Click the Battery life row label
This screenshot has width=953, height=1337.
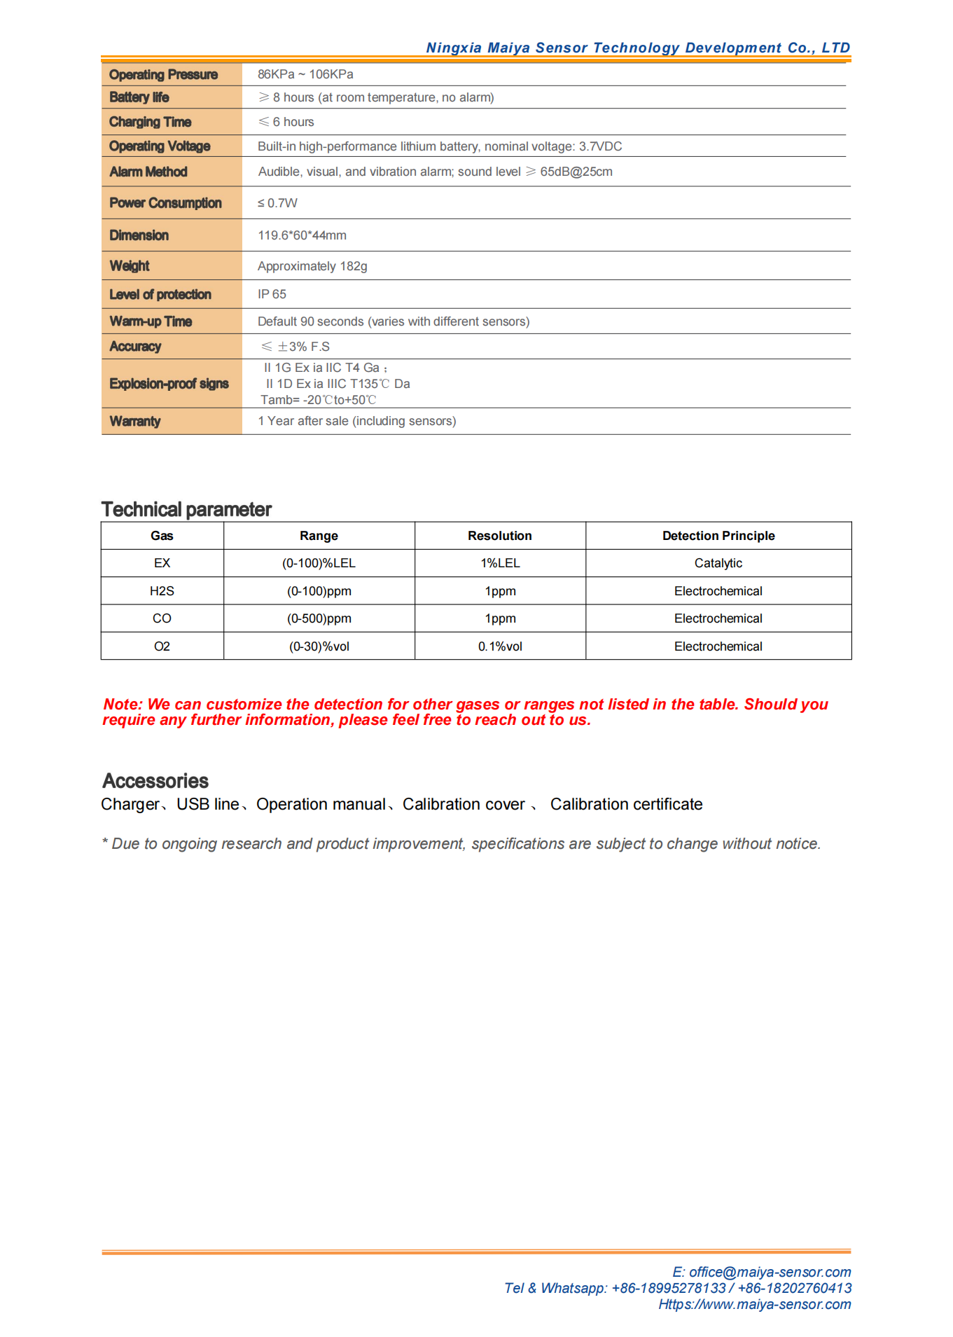coord(139,97)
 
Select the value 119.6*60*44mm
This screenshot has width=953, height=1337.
coord(302,235)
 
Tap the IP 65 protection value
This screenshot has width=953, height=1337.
coord(272,294)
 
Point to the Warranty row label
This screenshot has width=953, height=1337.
coord(135,421)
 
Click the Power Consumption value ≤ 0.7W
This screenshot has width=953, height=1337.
coord(277,203)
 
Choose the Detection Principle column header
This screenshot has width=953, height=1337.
coord(718,536)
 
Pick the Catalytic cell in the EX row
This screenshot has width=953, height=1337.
coord(718,563)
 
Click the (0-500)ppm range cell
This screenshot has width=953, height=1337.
coord(319,618)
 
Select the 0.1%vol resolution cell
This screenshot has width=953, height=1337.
coord(500,646)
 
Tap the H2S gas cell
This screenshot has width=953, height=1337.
coord(162,591)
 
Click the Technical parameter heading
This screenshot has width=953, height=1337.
coord(186,509)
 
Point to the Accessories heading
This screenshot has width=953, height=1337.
coord(155,781)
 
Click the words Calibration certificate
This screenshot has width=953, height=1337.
coord(626,804)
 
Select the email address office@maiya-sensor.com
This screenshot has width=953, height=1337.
coord(770,1272)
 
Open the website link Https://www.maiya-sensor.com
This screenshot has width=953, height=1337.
coord(754,1304)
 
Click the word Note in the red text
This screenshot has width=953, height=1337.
coord(122,705)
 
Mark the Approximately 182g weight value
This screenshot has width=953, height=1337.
coord(312,266)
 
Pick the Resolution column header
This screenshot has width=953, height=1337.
coord(500,536)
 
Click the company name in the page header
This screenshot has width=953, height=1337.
coord(638,48)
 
